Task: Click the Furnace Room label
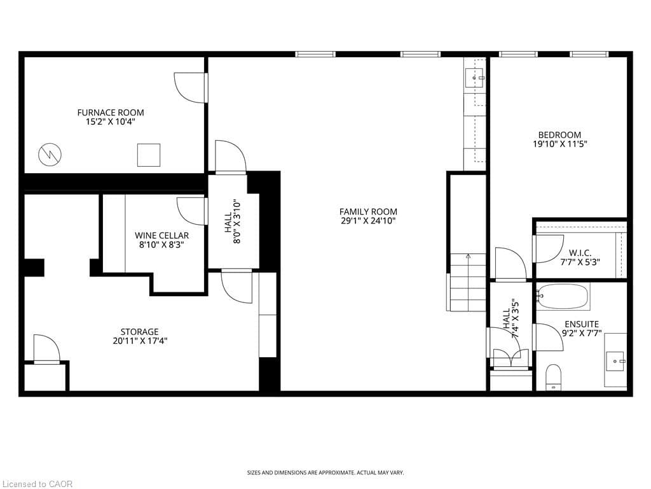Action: point(111,113)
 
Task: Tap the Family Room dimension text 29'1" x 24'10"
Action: point(368,221)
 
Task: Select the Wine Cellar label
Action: point(162,236)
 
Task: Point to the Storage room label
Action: point(139,332)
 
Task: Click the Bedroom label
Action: point(559,135)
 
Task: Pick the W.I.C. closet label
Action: point(580,253)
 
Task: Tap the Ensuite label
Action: point(582,324)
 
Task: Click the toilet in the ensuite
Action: point(553,378)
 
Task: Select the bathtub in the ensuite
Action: point(563,297)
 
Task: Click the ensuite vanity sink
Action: point(615,362)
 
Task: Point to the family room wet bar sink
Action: point(474,78)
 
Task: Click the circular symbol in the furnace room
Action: point(50,155)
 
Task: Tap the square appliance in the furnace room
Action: point(149,155)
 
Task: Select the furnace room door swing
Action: point(189,88)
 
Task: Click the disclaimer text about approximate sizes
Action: point(325,473)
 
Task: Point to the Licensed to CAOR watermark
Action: point(36,484)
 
